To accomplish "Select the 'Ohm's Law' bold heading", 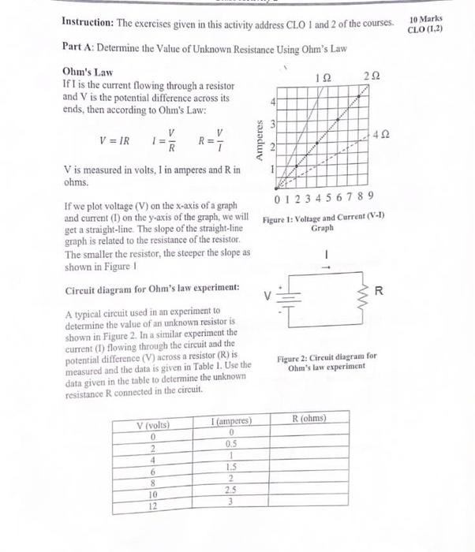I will click(x=84, y=71).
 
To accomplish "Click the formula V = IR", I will click(x=114, y=141).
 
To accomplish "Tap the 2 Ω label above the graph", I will click(x=372, y=74).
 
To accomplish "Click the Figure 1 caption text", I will click(x=324, y=221).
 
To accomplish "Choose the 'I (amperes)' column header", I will click(x=232, y=422).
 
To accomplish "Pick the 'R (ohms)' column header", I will click(x=309, y=418).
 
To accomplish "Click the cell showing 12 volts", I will click(x=155, y=506).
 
